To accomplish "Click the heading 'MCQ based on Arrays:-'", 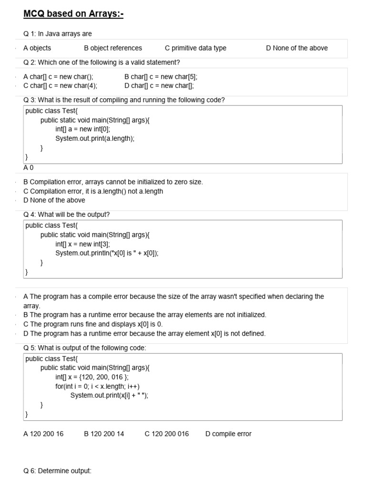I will tap(73, 14).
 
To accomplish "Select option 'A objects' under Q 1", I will tap(37, 48).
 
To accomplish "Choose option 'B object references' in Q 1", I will tap(113, 48).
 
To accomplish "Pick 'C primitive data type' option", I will tap(195, 48).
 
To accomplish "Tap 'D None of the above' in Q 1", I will tap(296, 48).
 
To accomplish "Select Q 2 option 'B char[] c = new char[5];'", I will tap(161, 76).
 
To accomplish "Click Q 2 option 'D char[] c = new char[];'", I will tap(159, 85).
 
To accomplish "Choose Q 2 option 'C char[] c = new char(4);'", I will tap(60, 85).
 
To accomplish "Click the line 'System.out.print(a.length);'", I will tap(95, 138).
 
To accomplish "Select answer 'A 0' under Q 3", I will tap(29, 168).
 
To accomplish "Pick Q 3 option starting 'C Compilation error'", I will tap(93, 191).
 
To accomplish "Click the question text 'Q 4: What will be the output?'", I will tap(66, 214).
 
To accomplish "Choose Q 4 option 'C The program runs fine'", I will tap(93, 324).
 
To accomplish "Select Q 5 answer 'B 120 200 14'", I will tap(104, 434).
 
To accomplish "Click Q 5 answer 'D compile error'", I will tap(228, 434).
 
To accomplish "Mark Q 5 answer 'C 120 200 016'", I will tap(166, 434).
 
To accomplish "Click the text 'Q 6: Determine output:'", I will tap(57, 471).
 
